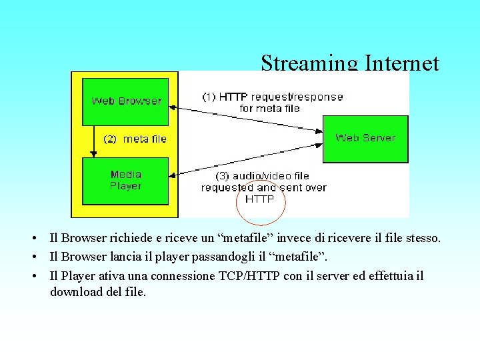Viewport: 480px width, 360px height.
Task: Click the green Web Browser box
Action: (x=125, y=101)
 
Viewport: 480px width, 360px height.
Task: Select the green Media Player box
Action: (x=125, y=180)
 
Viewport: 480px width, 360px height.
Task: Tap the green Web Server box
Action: (x=365, y=138)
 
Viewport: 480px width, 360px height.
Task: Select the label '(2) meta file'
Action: (x=135, y=139)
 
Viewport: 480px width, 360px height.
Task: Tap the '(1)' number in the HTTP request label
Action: (x=209, y=97)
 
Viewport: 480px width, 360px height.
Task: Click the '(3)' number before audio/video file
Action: (x=224, y=176)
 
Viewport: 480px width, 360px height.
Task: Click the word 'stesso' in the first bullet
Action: (x=422, y=238)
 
